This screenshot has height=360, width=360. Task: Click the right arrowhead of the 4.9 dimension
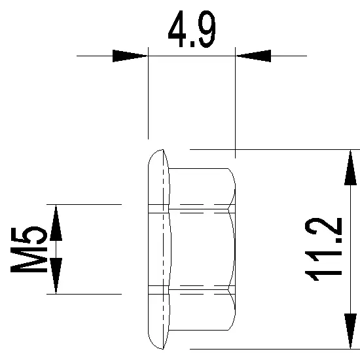click(253, 56)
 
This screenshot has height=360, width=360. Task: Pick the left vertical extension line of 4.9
click(149, 98)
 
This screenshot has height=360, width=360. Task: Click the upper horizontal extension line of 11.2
click(275, 149)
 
